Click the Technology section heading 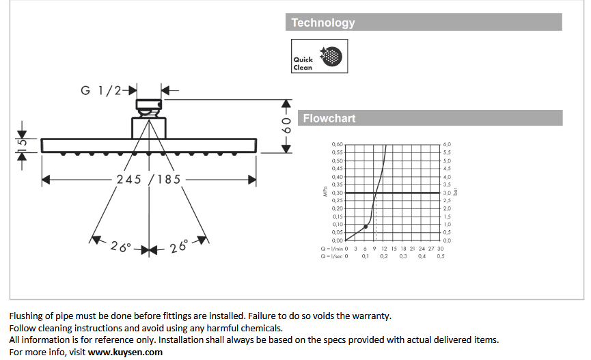pos(323,23)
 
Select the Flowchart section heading pos(329,118)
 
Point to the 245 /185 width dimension pos(148,179)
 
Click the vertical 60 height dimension pos(287,124)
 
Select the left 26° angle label pos(121,247)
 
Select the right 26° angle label pos(179,247)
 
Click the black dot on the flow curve pos(366,226)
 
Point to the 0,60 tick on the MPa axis pos(337,145)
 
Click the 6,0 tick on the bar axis pos(447,145)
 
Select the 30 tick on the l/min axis pos(440,249)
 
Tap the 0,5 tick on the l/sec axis pos(440,256)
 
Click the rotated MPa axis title pos(325,193)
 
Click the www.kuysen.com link pos(125,352)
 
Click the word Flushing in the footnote pos(27,316)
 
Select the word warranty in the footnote pos(373,316)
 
